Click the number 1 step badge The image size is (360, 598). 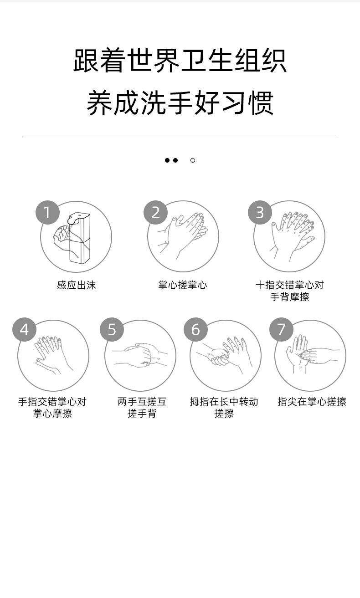[47, 213]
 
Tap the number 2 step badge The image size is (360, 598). [155, 213]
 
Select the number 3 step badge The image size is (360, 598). [260, 213]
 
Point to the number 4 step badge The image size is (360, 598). [24, 329]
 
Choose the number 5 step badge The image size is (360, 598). [112, 329]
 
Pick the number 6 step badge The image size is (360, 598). [195, 329]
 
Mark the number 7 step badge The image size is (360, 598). [281, 329]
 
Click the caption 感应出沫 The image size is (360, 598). [77, 285]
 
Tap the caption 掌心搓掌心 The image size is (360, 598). [183, 285]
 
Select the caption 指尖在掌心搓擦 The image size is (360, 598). [312, 402]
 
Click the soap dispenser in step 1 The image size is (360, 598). [79, 238]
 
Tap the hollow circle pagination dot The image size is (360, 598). [193, 160]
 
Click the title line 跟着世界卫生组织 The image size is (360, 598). [180, 60]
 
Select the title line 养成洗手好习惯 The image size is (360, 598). [180, 103]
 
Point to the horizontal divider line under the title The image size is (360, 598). [180, 135]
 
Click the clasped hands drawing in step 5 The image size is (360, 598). [140, 355]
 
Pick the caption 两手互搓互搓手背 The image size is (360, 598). [142, 407]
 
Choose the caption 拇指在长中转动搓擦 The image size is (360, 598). [224, 407]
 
